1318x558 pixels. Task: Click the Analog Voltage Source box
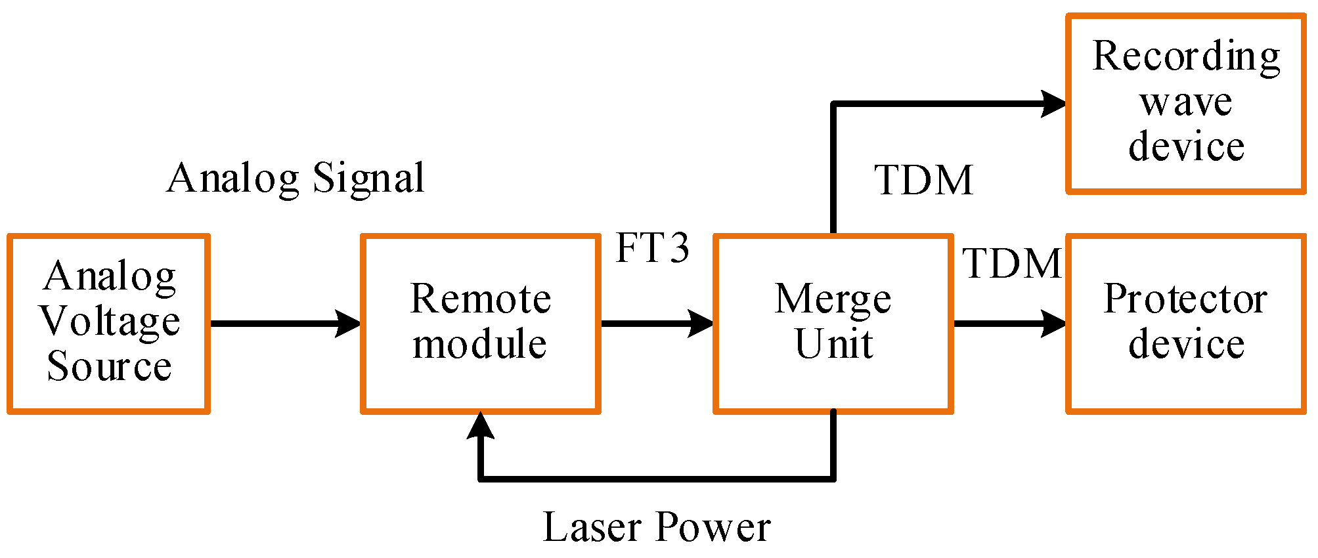tap(108, 324)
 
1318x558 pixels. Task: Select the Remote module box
tap(480, 324)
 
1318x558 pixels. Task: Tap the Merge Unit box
tap(833, 324)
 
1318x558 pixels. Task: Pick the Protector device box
tap(1185, 324)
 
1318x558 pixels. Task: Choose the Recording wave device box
tap(1185, 104)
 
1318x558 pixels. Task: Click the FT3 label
tap(652, 248)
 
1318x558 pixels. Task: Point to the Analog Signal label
tap(296, 178)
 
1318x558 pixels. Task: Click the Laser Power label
tap(656, 527)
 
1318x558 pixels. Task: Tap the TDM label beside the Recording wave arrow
tap(923, 181)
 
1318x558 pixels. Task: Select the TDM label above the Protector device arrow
tap(1011, 264)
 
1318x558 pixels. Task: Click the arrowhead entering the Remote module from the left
tap(348, 324)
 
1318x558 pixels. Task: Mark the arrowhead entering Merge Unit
tap(701, 324)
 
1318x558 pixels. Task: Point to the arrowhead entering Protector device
tap(1053, 324)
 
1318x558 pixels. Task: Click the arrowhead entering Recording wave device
tap(1053, 104)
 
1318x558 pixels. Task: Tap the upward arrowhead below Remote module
tap(480, 426)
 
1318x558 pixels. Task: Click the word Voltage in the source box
tap(110, 322)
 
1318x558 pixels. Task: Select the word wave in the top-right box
tap(1185, 102)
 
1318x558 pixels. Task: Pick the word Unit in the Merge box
tap(833, 344)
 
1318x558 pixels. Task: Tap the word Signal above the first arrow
tap(368, 178)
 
